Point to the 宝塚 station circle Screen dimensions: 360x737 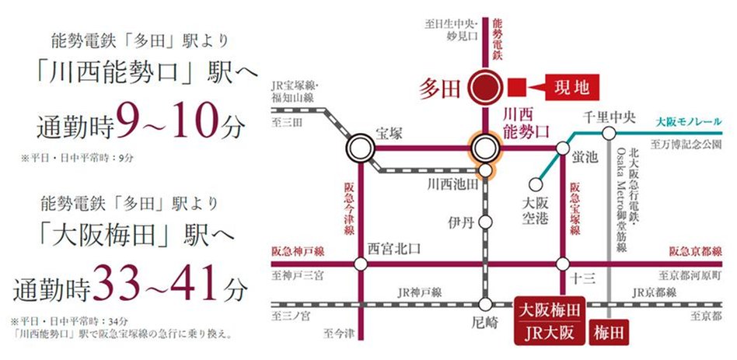tap(361, 147)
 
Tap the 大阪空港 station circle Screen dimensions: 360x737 tap(533, 185)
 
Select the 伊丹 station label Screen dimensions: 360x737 tap(460, 222)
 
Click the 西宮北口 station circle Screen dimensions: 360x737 tap(361, 264)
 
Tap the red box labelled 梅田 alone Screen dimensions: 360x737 tap(610, 332)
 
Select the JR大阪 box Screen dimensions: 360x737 tap(550, 332)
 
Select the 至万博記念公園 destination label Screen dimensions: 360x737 tap(688, 144)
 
